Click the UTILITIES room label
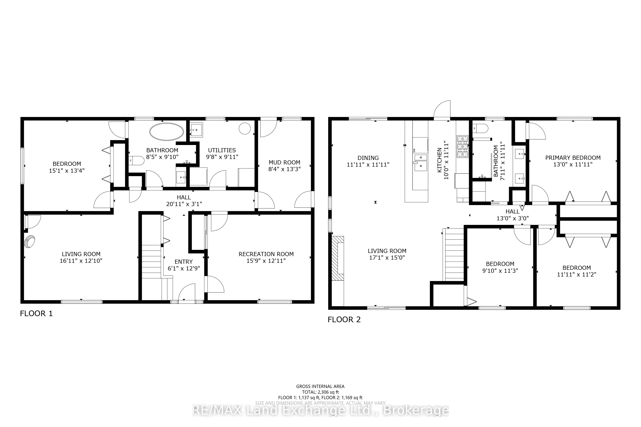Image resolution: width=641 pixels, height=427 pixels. (x=222, y=150)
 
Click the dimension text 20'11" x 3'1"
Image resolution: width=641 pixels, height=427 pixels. (x=184, y=204)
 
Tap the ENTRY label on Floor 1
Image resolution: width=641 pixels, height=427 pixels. (x=183, y=262)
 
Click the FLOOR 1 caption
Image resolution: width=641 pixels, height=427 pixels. (x=36, y=313)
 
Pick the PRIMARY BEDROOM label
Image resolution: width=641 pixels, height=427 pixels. (x=573, y=158)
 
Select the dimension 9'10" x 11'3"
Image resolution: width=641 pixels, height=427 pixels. (x=500, y=271)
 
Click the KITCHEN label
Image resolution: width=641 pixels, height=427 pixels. (x=439, y=160)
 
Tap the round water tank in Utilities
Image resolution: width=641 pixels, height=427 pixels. (x=244, y=128)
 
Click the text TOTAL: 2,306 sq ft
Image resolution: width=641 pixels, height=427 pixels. (x=320, y=392)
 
